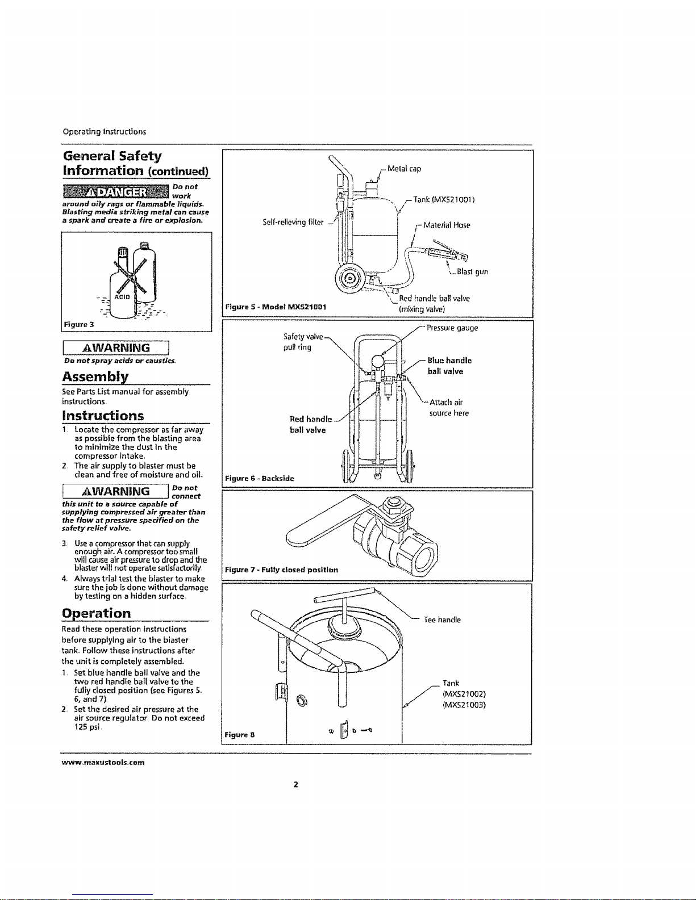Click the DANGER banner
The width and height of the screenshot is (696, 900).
116,192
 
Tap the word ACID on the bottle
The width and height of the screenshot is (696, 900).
122,297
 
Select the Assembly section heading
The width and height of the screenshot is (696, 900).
95,376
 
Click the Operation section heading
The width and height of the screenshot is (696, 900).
97,613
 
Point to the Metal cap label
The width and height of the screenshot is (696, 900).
405,169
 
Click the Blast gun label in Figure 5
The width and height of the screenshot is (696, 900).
472,271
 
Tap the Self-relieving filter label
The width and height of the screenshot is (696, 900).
293,222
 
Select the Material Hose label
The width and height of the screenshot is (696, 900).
447,225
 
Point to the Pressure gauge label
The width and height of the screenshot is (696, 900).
452,328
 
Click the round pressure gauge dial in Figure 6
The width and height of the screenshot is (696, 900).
378,362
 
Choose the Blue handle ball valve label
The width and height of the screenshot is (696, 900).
449,366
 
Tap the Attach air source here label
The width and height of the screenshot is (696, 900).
449,408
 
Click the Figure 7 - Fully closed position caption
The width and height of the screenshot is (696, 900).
282,570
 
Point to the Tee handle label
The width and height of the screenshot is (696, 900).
442,619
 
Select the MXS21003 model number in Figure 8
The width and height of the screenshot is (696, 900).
464,705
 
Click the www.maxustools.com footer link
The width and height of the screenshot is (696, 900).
103,763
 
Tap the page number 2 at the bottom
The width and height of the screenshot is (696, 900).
296,784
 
